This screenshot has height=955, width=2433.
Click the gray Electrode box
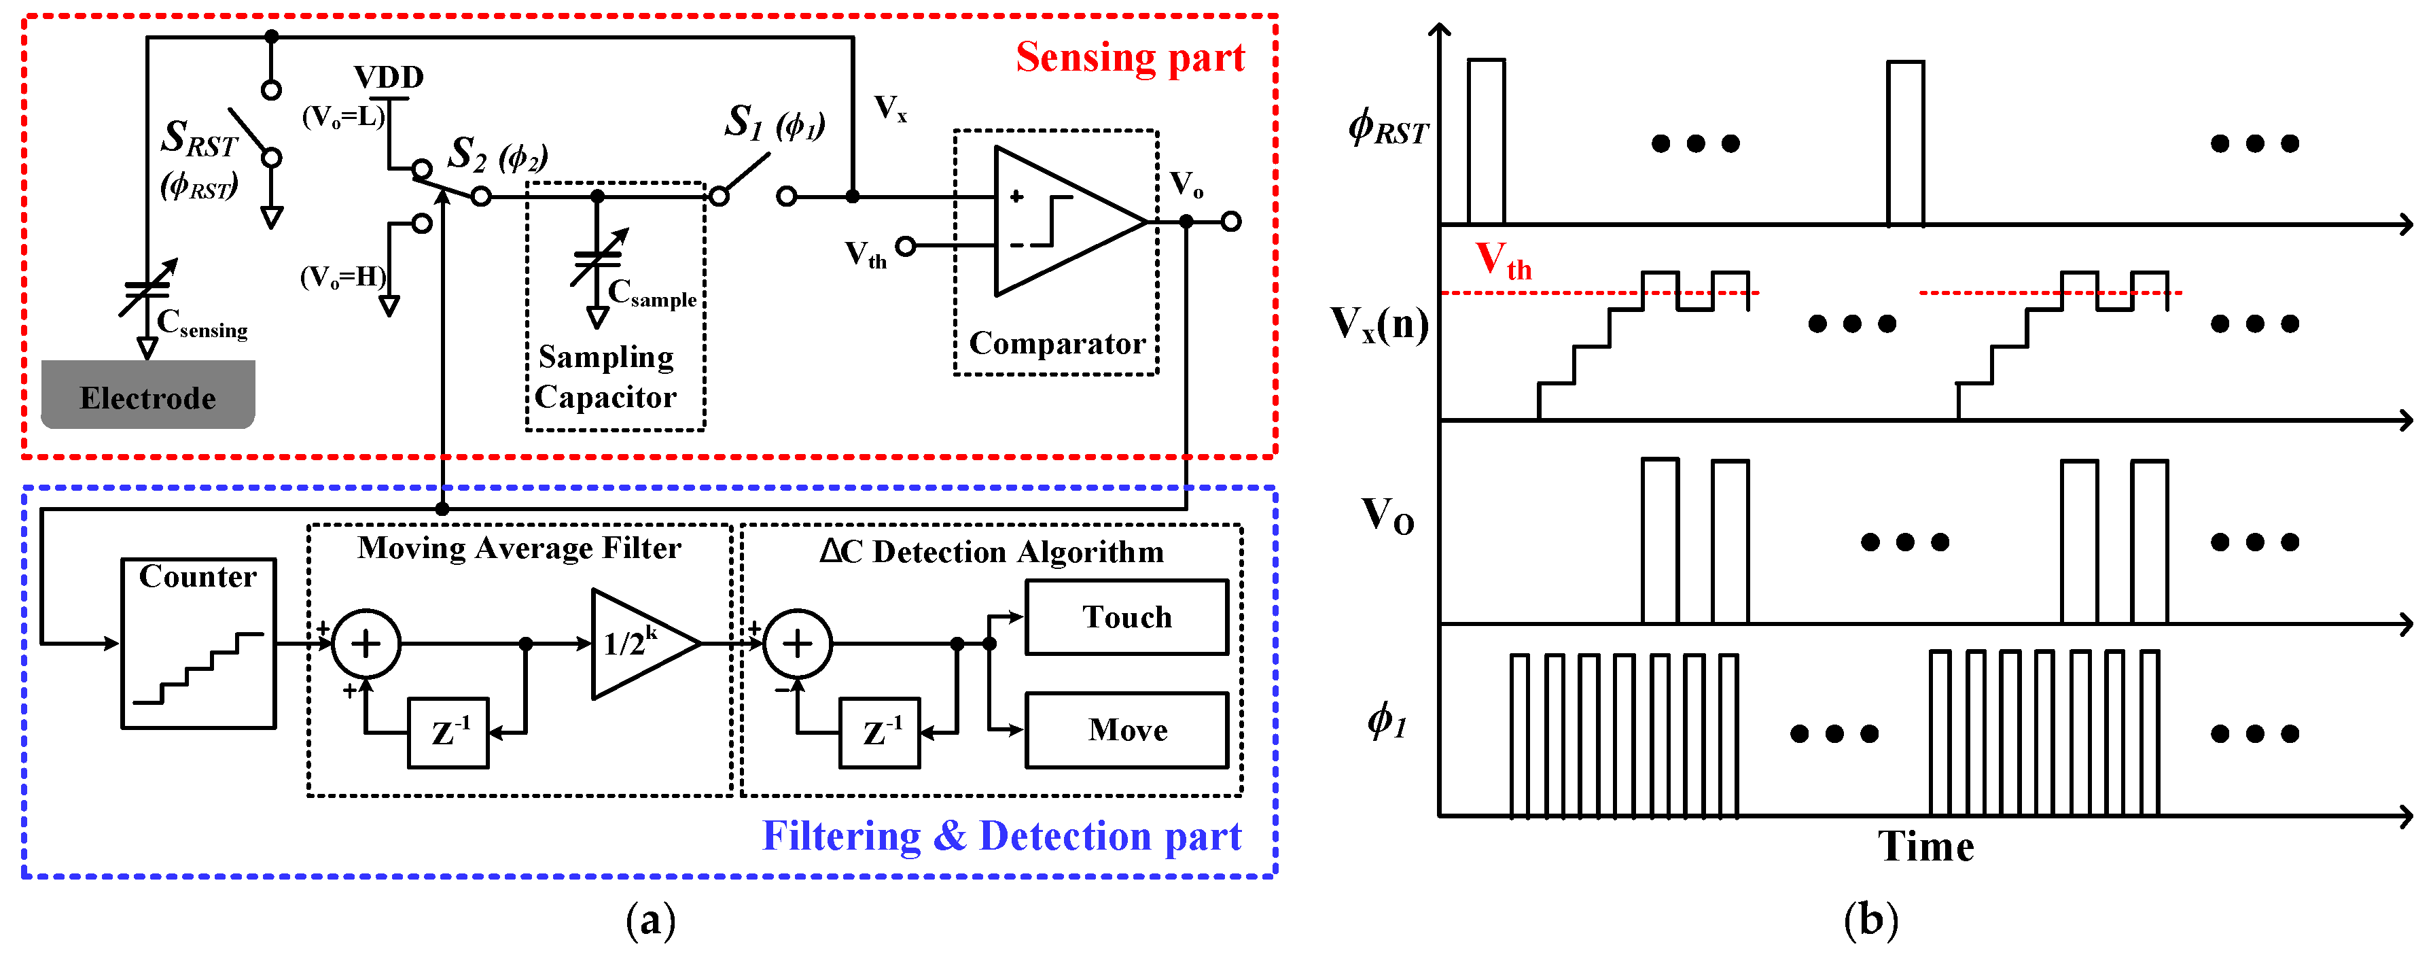pos(147,395)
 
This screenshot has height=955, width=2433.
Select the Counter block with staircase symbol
pos(198,642)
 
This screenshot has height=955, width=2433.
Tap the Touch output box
pos(1126,617)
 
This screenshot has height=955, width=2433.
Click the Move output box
pos(1126,730)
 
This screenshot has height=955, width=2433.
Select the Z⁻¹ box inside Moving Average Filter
pos(448,733)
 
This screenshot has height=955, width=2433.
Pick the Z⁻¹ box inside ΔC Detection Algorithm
pos(879,733)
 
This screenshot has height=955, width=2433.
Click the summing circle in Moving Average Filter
pos(366,644)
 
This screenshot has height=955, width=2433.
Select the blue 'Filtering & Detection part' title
pos(1001,836)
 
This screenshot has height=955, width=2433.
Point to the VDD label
pos(388,77)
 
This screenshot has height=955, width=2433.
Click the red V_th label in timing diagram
pos(1502,260)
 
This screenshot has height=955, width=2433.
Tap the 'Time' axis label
pos(1925,846)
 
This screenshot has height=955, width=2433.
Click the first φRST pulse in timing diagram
pos(1486,141)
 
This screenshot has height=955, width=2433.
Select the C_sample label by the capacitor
pos(652,294)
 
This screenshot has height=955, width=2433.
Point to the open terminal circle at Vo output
pos(1230,222)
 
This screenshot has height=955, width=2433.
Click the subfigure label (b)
pos(1870,919)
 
